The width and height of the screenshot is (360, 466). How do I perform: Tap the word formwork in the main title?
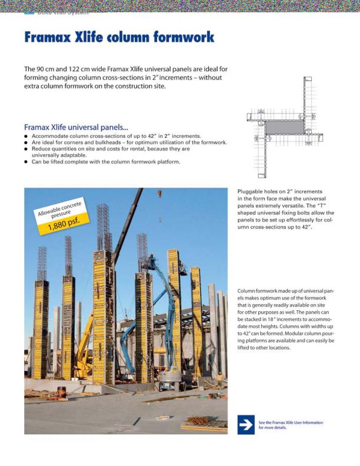tap(184, 38)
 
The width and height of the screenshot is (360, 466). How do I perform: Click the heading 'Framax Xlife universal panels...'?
tap(76, 127)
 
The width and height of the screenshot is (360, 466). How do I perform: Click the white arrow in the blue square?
tap(246, 424)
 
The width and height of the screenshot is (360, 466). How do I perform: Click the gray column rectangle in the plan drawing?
tap(282, 127)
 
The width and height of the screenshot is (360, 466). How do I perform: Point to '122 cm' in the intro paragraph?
tap(88, 69)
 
